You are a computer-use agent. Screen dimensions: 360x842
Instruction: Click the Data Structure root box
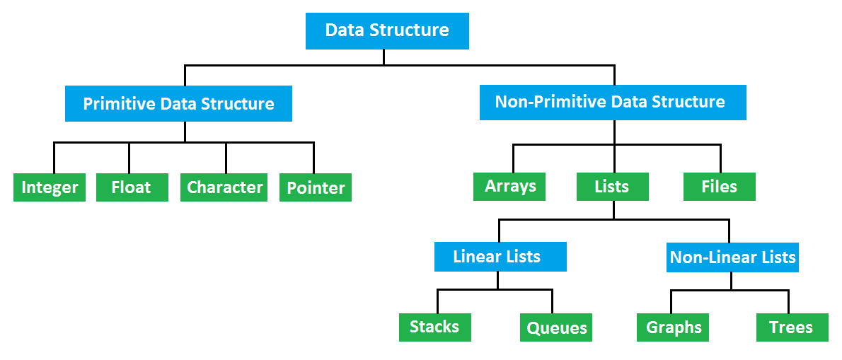coord(387,31)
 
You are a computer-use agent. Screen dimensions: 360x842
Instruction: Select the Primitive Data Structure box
coord(178,104)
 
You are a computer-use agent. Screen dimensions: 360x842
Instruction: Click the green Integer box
coord(50,187)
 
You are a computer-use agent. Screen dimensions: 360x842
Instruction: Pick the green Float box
coord(132,187)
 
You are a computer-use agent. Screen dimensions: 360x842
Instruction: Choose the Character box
coord(224,187)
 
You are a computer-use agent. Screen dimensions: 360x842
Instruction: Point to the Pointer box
coord(316,188)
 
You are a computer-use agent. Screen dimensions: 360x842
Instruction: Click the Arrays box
coord(510,187)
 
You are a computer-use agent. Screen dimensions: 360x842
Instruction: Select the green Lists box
coord(612,187)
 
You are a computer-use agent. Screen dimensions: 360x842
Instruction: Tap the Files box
coord(720,187)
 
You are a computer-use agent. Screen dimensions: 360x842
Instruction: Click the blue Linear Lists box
coord(500,257)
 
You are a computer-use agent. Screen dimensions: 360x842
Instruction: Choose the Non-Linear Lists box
coord(733,257)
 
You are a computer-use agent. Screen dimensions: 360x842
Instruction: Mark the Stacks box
coord(434,327)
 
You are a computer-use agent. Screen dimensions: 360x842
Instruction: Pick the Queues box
coord(557,328)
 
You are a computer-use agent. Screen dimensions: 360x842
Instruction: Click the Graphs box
coord(674,328)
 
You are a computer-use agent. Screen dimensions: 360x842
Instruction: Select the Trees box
coord(792,328)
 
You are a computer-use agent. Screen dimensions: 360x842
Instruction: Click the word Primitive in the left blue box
coord(119,104)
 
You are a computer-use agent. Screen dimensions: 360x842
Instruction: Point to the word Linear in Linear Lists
coord(476,257)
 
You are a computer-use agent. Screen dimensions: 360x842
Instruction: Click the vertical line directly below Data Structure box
coord(384,57)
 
